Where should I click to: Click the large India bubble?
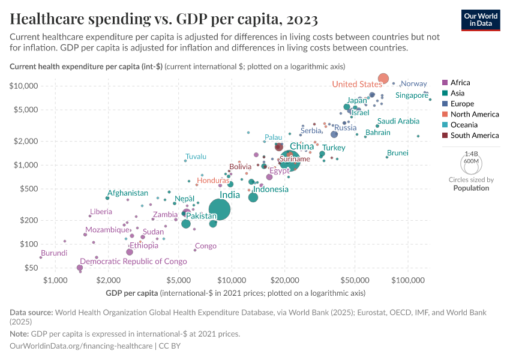click(220, 209)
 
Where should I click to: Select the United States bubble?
click(383, 79)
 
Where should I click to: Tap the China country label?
click(302, 146)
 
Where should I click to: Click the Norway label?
click(413, 84)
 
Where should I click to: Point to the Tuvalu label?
click(196, 157)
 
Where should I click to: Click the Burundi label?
click(54, 253)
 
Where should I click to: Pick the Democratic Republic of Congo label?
click(133, 262)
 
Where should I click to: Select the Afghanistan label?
click(128, 193)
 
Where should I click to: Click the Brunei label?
click(398, 153)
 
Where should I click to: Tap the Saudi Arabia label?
click(398, 121)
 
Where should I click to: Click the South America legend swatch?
click(445, 136)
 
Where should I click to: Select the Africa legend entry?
click(460, 83)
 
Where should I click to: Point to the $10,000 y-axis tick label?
click(25, 86)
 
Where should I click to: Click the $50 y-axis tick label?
click(31, 268)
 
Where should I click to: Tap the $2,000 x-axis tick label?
click(109, 280)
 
